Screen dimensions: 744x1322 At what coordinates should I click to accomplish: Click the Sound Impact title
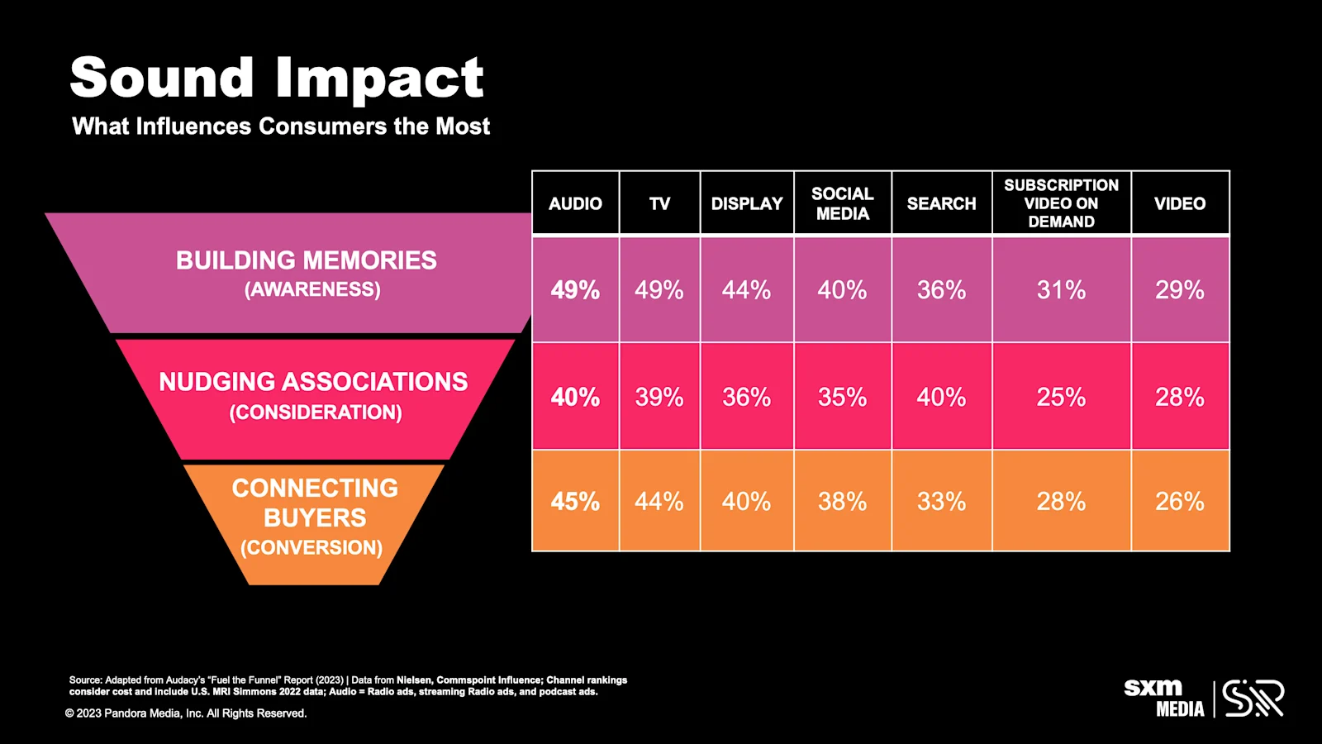tap(276, 78)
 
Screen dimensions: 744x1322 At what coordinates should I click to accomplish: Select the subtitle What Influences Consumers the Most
tap(281, 126)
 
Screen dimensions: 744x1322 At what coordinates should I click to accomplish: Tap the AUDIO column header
tap(575, 203)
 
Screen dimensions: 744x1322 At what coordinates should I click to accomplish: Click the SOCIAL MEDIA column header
tap(842, 203)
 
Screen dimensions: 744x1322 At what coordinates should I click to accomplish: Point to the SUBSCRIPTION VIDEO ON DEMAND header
tap(1061, 203)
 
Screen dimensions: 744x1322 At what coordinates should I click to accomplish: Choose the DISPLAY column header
tap(746, 203)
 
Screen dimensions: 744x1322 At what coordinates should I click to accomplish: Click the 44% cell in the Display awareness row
tap(746, 290)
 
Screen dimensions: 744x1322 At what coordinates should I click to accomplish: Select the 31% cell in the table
tap(1061, 290)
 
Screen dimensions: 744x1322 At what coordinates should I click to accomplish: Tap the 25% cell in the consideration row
tap(1061, 398)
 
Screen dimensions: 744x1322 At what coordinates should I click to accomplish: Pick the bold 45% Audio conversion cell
tap(575, 502)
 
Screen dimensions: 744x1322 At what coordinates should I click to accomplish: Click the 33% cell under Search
tap(941, 502)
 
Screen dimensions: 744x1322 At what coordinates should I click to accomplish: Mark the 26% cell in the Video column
tap(1179, 502)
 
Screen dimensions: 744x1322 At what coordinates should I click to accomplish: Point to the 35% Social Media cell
tap(842, 398)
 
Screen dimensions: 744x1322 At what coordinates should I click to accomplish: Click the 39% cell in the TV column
tap(659, 398)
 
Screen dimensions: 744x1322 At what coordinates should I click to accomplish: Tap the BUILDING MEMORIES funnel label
tap(306, 260)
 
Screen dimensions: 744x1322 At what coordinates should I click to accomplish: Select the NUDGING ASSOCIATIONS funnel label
tap(313, 382)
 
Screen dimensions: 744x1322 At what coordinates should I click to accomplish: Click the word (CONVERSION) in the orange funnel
tap(311, 547)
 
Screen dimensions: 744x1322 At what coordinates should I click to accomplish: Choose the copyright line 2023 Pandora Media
tap(186, 713)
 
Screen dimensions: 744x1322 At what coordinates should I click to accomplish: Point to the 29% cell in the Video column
tap(1179, 290)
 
